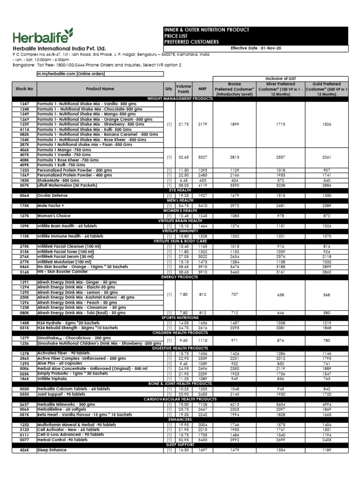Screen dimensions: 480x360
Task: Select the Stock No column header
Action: (x=24, y=88)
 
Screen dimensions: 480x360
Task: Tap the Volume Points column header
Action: (x=183, y=88)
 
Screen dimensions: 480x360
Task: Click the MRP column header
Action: (x=202, y=88)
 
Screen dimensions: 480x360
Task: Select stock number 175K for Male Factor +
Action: (x=24, y=206)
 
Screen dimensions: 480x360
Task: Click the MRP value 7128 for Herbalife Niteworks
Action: (x=202, y=405)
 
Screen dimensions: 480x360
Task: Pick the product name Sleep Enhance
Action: (x=52, y=450)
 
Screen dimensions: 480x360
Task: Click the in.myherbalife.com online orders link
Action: (x=71, y=74)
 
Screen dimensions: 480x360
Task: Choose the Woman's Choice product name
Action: (x=55, y=216)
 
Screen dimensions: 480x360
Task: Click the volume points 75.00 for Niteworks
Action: (x=183, y=405)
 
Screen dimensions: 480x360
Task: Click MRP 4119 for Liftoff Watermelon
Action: (x=202, y=185)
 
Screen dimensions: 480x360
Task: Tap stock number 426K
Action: (x=24, y=450)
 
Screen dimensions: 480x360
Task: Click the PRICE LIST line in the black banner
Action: (x=176, y=36)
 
